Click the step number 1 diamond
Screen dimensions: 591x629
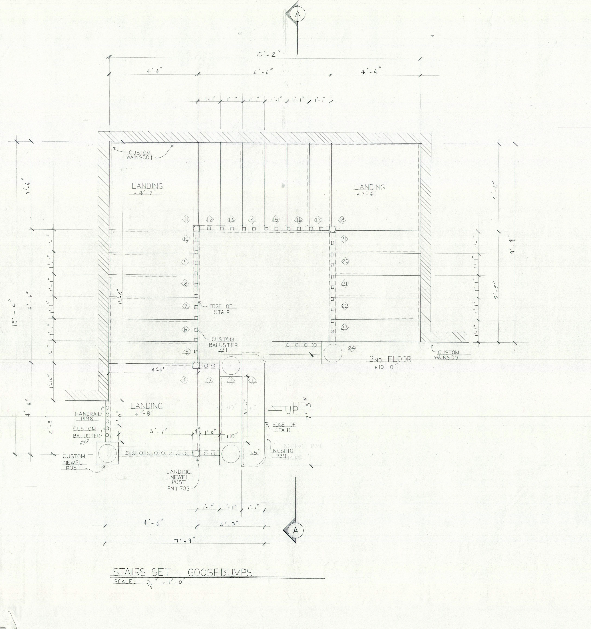252,381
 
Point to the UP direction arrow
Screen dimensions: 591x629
283,410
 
